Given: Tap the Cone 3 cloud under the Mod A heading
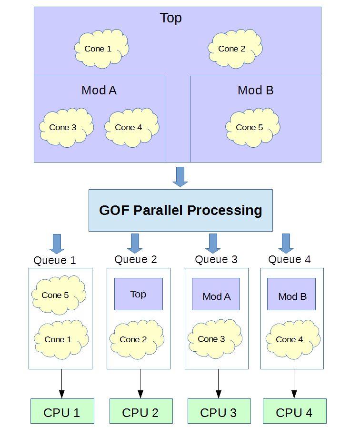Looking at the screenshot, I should (66, 127).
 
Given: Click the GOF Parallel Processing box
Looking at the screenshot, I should (180, 210).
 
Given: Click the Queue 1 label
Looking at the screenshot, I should (55, 261).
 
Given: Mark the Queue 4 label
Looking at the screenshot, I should (290, 259).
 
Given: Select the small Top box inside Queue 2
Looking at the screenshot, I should (139, 294).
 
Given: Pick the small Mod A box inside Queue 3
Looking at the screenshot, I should (216, 295).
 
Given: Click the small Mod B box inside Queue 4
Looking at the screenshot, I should (291, 294).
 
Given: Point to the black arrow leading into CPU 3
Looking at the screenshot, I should (219, 384).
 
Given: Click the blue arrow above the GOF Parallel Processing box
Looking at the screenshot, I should (180, 176).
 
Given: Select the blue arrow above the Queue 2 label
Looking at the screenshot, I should (135, 243).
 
